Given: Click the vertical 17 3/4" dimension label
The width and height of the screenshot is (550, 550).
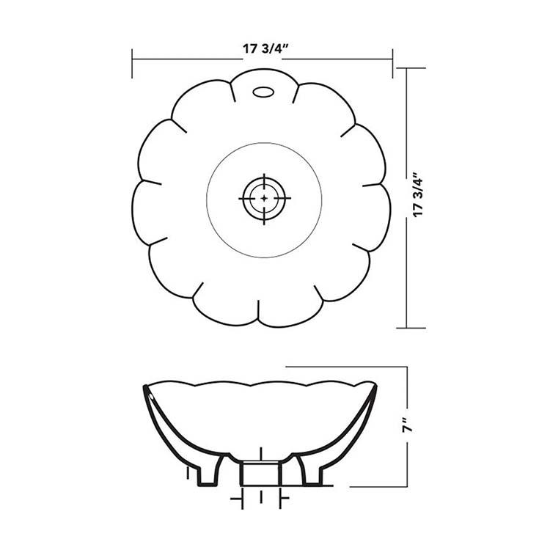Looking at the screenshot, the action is coord(419,195).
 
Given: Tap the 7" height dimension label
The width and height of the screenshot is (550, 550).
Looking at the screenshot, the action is coord(407,425).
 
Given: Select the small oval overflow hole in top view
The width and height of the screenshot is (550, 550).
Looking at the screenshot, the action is coord(263,92).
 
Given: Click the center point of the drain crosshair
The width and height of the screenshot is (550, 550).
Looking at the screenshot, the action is coord(264,199).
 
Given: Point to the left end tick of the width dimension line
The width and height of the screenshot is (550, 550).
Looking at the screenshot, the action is coord(132,64).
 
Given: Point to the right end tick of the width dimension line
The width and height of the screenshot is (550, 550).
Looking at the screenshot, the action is coord(392,64).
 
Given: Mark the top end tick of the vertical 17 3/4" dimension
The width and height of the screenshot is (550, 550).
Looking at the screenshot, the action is coord(411,68).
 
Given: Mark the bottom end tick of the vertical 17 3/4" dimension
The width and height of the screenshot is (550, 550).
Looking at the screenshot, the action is coord(411,328).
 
